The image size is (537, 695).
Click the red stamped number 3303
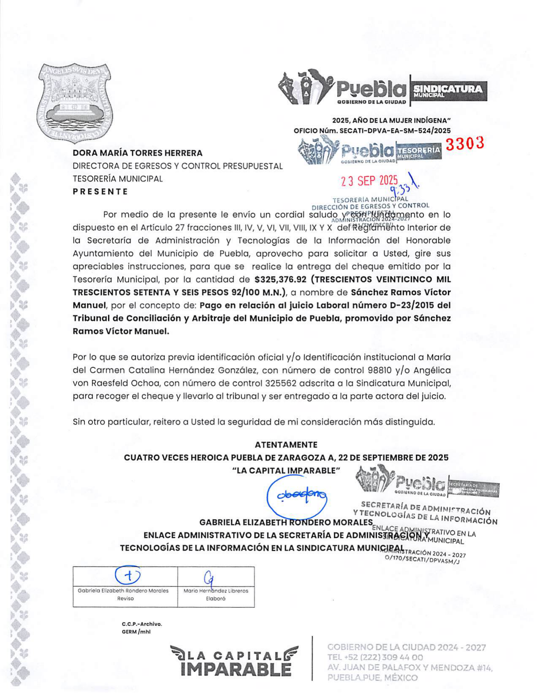(464, 144)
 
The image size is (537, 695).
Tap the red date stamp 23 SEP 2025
(369, 181)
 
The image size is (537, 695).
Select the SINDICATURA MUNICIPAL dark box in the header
(448, 91)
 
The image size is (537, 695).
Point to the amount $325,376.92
(280, 279)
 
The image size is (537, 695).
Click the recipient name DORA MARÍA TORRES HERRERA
(138, 153)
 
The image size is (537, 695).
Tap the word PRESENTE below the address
(100, 192)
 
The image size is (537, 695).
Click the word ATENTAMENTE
(286, 445)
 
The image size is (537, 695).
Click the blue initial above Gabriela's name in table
(128, 575)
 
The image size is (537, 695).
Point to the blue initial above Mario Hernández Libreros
(208, 578)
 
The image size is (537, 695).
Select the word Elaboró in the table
(216, 599)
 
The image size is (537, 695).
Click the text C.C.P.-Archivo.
(142, 624)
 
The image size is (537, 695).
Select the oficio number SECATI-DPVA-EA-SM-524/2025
(395, 131)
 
